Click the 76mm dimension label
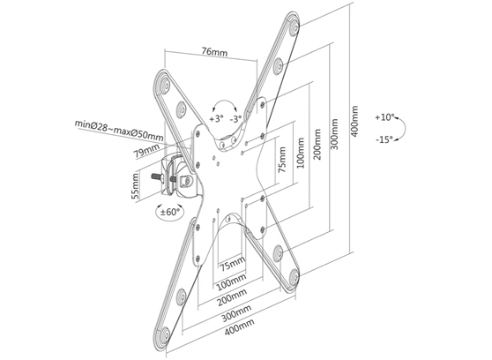(x=211, y=52)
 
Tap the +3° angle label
(x=216, y=117)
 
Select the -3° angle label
(x=235, y=117)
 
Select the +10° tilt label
(x=384, y=116)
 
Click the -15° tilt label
(x=384, y=139)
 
